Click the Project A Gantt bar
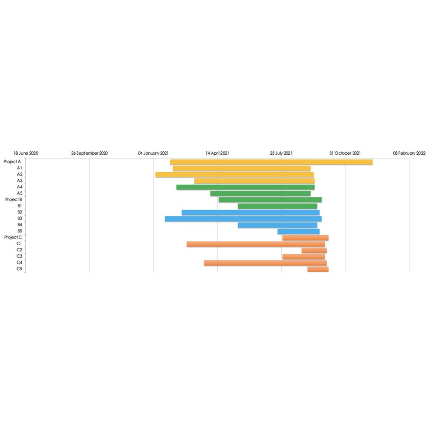[x=271, y=162]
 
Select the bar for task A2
[x=234, y=175]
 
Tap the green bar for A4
[x=245, y=187]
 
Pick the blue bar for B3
[x=243, y=219]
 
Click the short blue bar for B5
[x=299, y=231]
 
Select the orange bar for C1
[x=255, y=244]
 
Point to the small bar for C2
[x=314, y=250]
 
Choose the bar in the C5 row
[x=318, y=269]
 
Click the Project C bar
[x=305, y=238]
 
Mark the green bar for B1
[x=277, y=206]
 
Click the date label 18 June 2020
[x=26, y=153]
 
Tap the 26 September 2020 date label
[x=90, y=153]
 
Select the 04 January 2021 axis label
[x=153, y=153]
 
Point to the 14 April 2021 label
[x=217, y=153]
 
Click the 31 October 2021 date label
[x=345, y=153]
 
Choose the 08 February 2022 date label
[x=409, y=153]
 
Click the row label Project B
[x=13, y=200]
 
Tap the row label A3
[x=19, y=181]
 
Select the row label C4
[x=19, y=263]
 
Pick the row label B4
[x=19, y=225]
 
